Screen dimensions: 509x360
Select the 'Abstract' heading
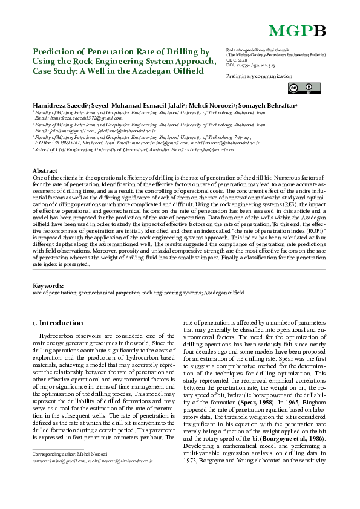(44, 171)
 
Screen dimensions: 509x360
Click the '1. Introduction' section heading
(57, 323)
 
